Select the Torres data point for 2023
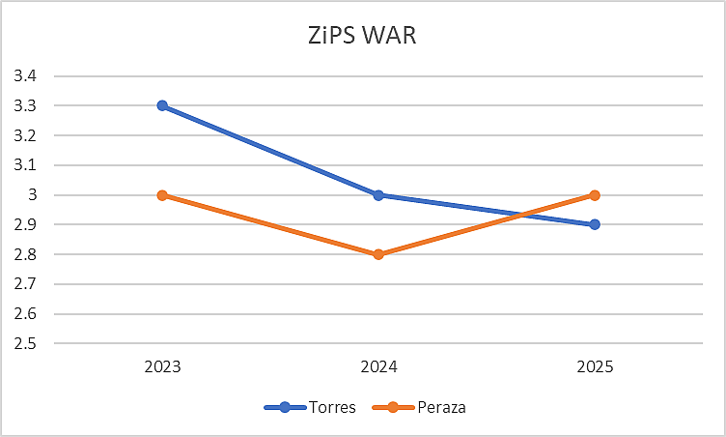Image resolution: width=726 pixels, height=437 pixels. (162, 105)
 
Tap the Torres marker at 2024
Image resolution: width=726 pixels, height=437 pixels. (378, 194)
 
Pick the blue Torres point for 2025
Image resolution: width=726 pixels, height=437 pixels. (595, 224)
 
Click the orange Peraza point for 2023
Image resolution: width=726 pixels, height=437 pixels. (162, 194)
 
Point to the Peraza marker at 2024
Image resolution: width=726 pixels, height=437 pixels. (378, 254)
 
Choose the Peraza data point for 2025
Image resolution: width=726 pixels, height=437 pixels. (595, 194)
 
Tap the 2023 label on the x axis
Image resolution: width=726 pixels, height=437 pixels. (162, 367)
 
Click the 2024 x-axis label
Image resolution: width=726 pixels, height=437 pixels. (378, 367)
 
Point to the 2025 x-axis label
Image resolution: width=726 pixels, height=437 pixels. (595, 367)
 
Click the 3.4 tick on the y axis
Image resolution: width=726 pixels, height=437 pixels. (25, 76)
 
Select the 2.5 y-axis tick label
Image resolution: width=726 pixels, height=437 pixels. (25, 344)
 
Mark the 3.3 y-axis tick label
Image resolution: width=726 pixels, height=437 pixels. (25, 106)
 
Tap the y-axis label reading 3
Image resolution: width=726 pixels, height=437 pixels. (31, 195)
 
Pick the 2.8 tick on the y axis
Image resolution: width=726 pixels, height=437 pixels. (25, 255)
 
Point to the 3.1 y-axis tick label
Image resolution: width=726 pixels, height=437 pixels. (25, 165)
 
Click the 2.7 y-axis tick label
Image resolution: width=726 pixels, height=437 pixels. (25, 285)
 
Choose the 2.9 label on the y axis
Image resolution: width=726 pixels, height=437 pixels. (25, 225)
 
